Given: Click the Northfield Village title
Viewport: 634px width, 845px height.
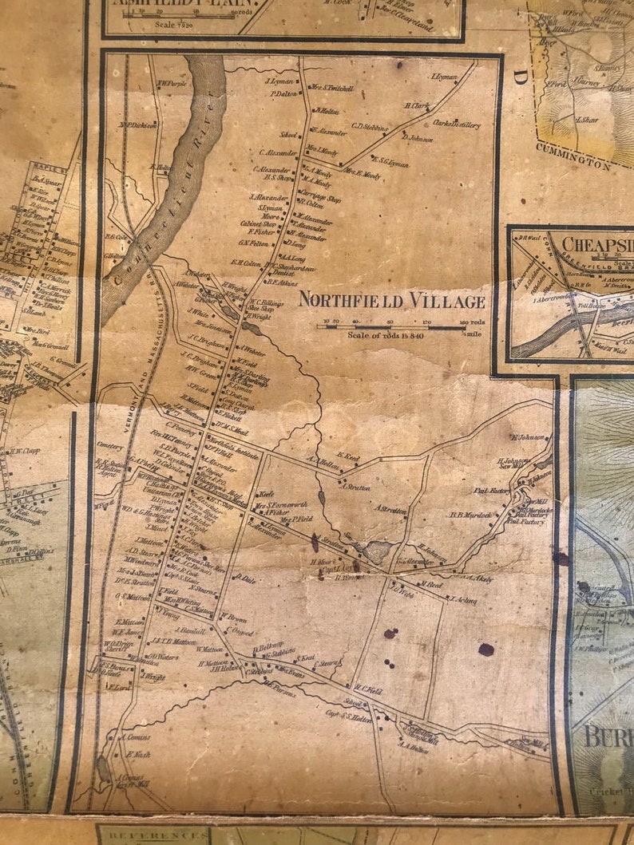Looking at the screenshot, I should [x=391, y=301].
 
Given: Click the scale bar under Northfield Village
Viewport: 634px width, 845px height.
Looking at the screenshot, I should [x=391, y=326].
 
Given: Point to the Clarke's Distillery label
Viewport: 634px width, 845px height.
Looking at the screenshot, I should [x=456, y=124].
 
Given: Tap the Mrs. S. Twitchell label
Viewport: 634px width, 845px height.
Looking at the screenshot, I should [x=332, y=89].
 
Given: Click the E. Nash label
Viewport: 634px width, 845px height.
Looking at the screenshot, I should [x=138, y=753].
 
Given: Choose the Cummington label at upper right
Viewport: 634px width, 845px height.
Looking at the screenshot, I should [x=573, y=156].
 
